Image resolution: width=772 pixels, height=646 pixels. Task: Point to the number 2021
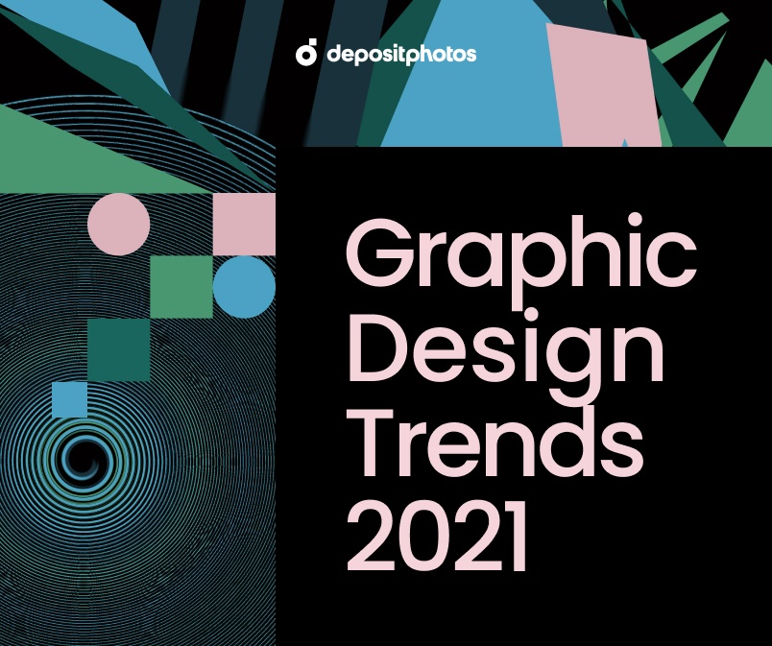(x=438, y=537)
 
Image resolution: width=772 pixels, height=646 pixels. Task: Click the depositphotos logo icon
(x=306, y=54)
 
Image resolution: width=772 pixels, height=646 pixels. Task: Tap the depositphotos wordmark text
(x=400, y=55)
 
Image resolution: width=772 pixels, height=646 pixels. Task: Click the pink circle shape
(x=119, y=224)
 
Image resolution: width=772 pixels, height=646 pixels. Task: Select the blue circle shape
(x=244, y=287)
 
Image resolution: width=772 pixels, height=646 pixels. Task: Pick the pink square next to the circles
(x=244, y=224)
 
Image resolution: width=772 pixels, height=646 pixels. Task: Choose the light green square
(x=181, y=287)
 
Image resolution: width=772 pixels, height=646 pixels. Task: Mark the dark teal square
(x=119, y=349)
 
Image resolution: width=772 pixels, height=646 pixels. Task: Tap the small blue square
(x=69, y=399)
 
